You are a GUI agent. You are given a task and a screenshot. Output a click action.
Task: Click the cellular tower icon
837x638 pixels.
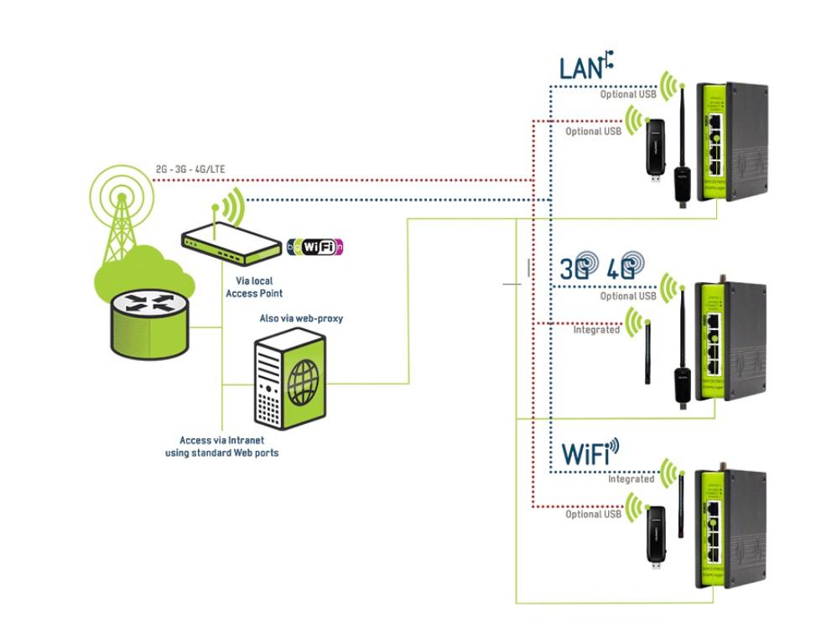[122, 214]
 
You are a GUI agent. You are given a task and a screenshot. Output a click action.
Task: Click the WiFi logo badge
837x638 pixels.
[315, 247]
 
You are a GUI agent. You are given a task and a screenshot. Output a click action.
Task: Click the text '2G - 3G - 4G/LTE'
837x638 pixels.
[190, 170]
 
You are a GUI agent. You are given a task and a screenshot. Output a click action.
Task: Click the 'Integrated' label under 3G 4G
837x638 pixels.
[596, 330]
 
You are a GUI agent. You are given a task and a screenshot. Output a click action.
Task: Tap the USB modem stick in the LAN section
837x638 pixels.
[656, 151]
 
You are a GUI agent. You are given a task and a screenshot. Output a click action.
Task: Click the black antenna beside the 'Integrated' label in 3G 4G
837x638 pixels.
[648, 353]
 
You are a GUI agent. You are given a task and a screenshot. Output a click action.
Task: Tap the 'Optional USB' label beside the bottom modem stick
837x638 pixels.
[593, 515]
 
